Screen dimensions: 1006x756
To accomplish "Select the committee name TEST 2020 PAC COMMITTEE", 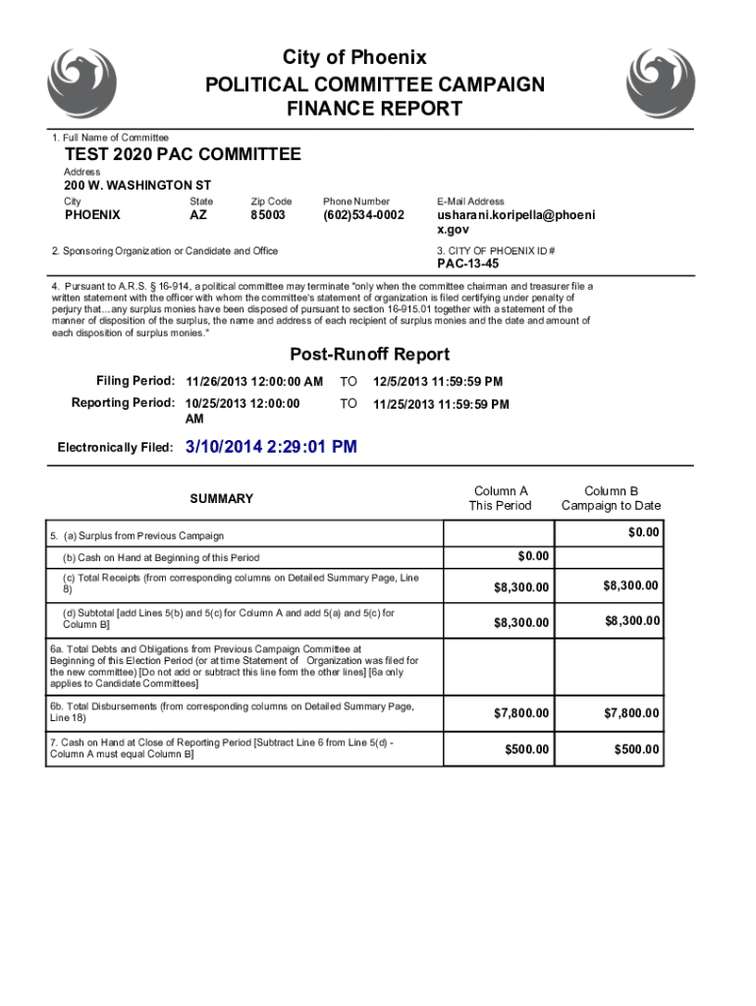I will coord(183,155).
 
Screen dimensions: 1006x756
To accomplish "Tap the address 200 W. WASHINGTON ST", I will coord(137,185).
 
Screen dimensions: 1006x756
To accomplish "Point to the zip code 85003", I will coord(267,214).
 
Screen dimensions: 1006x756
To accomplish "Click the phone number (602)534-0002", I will coord(363,214).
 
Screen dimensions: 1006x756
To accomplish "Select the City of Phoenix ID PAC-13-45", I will coord(467,264).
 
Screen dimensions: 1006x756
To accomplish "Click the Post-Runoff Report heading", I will coord(369,355).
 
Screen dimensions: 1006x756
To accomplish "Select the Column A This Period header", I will coord(501,498).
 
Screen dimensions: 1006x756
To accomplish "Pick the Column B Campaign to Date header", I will coord(611,498).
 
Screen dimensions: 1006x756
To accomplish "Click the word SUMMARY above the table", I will coord(221,499).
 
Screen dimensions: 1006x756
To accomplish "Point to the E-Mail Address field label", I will coord(471,201).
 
